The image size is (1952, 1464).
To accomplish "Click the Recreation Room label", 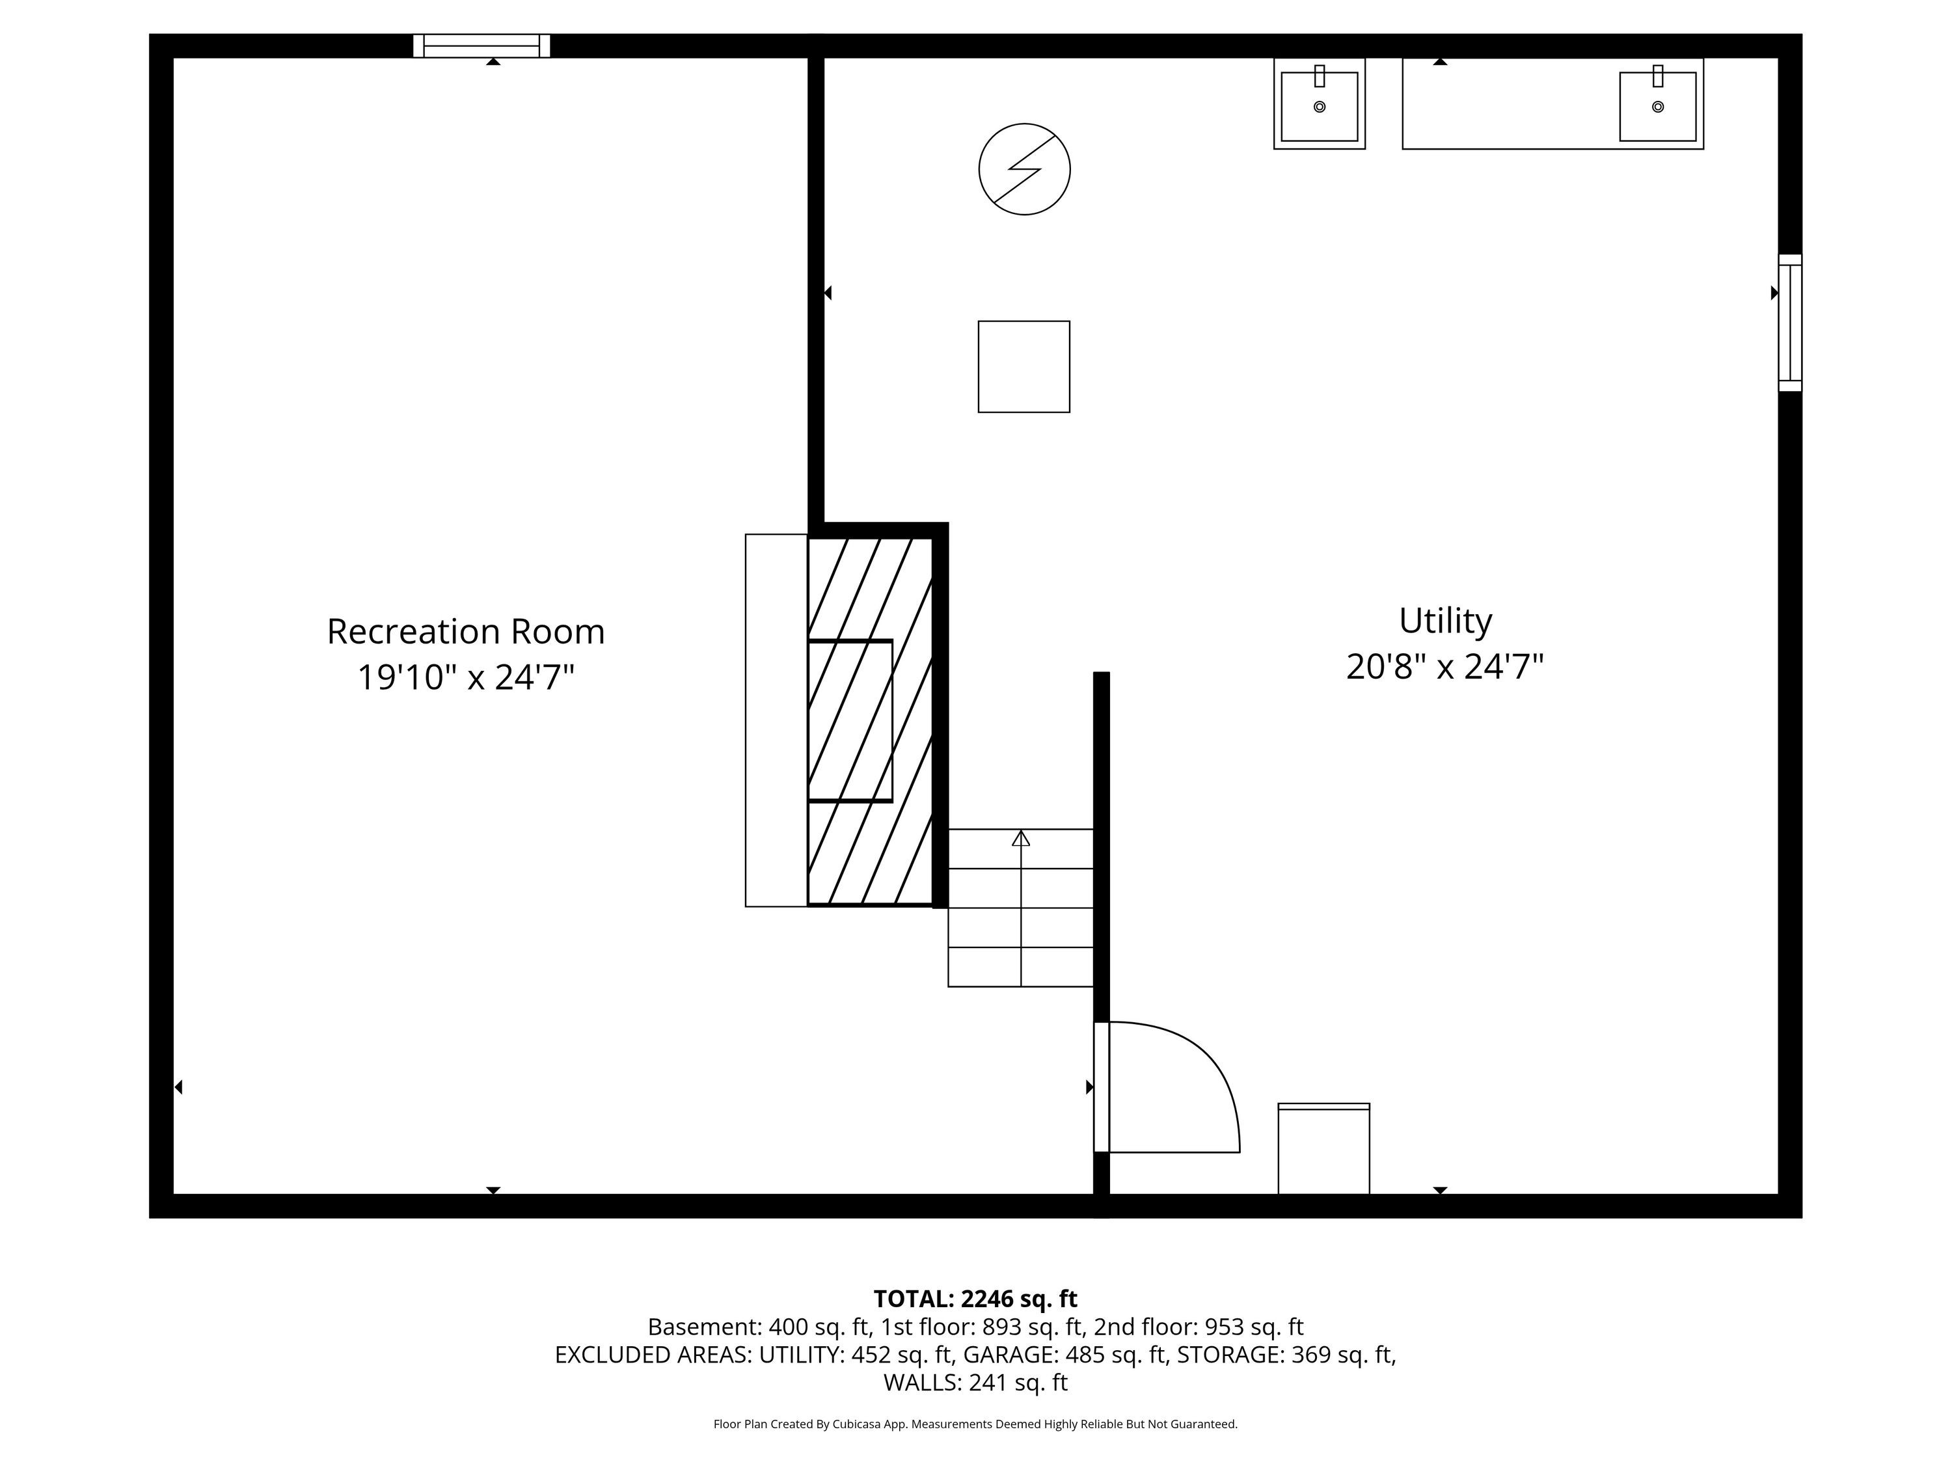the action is (466, 632).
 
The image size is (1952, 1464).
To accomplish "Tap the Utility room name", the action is (1446, 621).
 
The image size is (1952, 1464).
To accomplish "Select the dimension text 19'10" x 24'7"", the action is (466, 678).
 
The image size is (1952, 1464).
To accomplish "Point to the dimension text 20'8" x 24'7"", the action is (1446, 667).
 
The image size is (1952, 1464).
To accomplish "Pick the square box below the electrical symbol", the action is (1023, 366).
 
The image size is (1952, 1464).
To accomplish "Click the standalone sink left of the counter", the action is (1320, 104).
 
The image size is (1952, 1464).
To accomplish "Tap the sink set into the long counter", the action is (1657, 106).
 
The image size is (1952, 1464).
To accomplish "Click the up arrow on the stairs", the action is (1021, 838).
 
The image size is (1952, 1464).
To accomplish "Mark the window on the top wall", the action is (482, 46).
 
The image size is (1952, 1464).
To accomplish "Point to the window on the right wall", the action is (1789, 323).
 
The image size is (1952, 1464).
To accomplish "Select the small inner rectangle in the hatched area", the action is (850, 720).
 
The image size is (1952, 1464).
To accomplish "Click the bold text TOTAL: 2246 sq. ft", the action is (975, 1299).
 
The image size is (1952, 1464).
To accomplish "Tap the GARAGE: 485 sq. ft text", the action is (1066, 1355).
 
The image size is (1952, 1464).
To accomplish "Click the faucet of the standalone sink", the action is (1320, 76).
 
